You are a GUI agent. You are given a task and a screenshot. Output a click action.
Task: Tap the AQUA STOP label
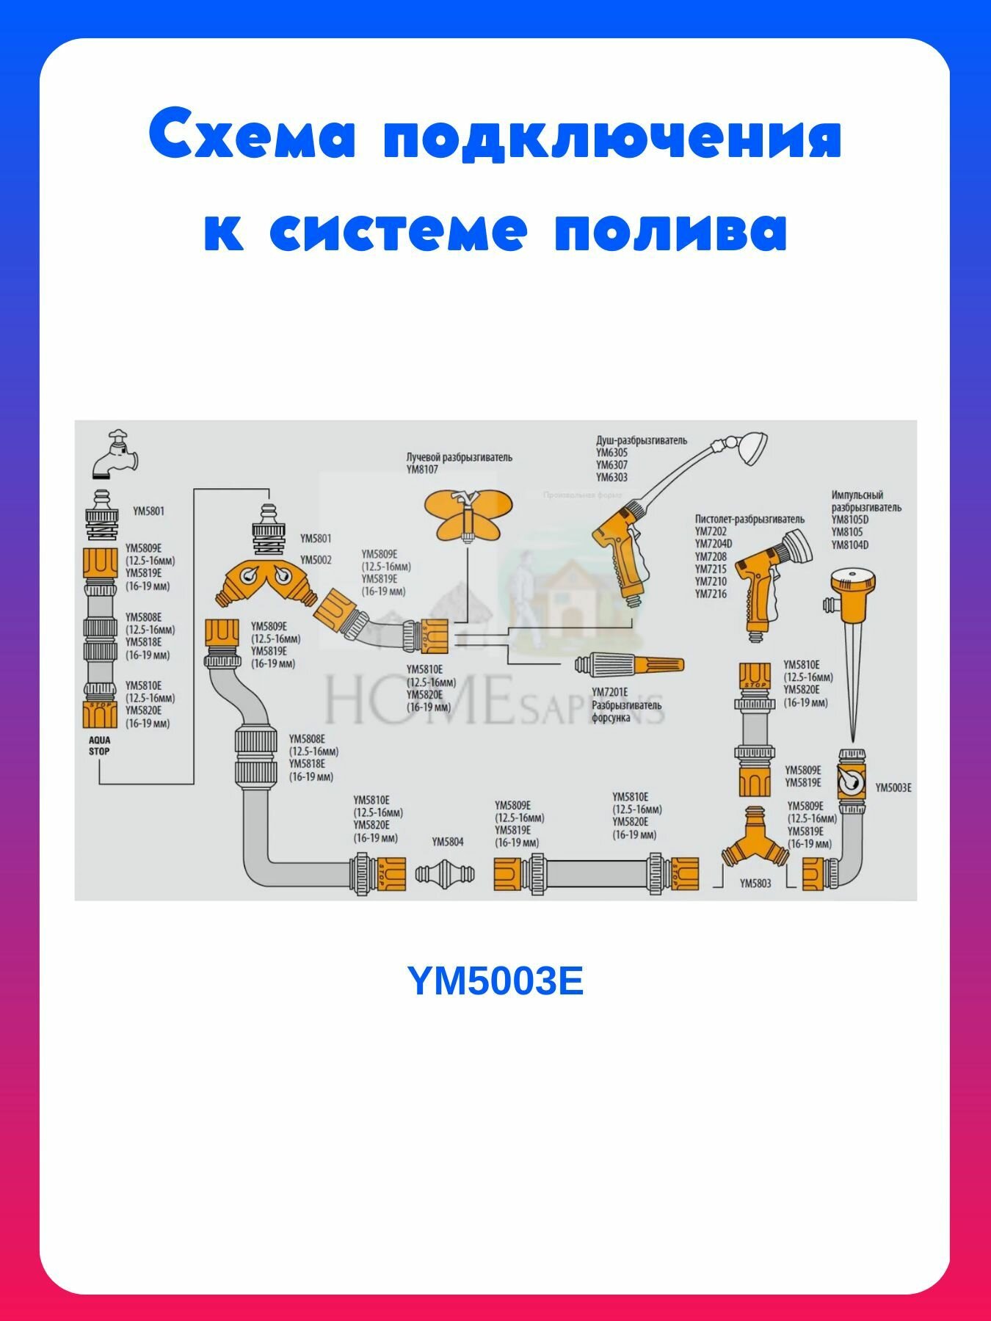click(x=99, y=746)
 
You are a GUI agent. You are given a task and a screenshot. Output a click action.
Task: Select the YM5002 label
click(x=316, y=560)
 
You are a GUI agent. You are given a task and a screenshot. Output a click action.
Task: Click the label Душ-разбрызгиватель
click(x=641, y=440)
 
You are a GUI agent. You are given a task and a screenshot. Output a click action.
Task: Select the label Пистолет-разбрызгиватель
click(x=749, y=519)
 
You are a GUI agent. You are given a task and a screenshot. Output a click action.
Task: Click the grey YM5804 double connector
click(x=445, y=873)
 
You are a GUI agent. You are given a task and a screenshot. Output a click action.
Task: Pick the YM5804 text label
click(x=448, y=842)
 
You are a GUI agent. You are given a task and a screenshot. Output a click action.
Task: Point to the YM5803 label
click(x=755, y=884)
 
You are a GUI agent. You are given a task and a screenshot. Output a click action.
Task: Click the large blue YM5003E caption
click(x=495, y=981)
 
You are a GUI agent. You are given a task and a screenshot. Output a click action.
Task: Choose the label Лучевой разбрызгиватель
click(x=459, y=457)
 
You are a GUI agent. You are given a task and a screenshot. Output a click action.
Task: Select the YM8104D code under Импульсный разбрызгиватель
click(x=849, y=545)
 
